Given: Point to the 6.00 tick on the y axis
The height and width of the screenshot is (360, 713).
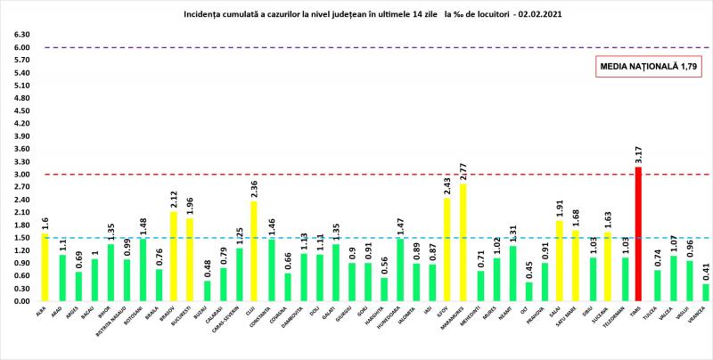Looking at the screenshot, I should [x=20, y=47].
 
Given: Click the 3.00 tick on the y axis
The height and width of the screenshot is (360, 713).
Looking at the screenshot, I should [x=20, y=175].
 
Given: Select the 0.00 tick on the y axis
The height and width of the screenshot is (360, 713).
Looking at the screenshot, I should [x=20, y=301].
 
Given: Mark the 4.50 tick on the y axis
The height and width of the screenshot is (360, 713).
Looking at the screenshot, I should [x=20, y=111].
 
